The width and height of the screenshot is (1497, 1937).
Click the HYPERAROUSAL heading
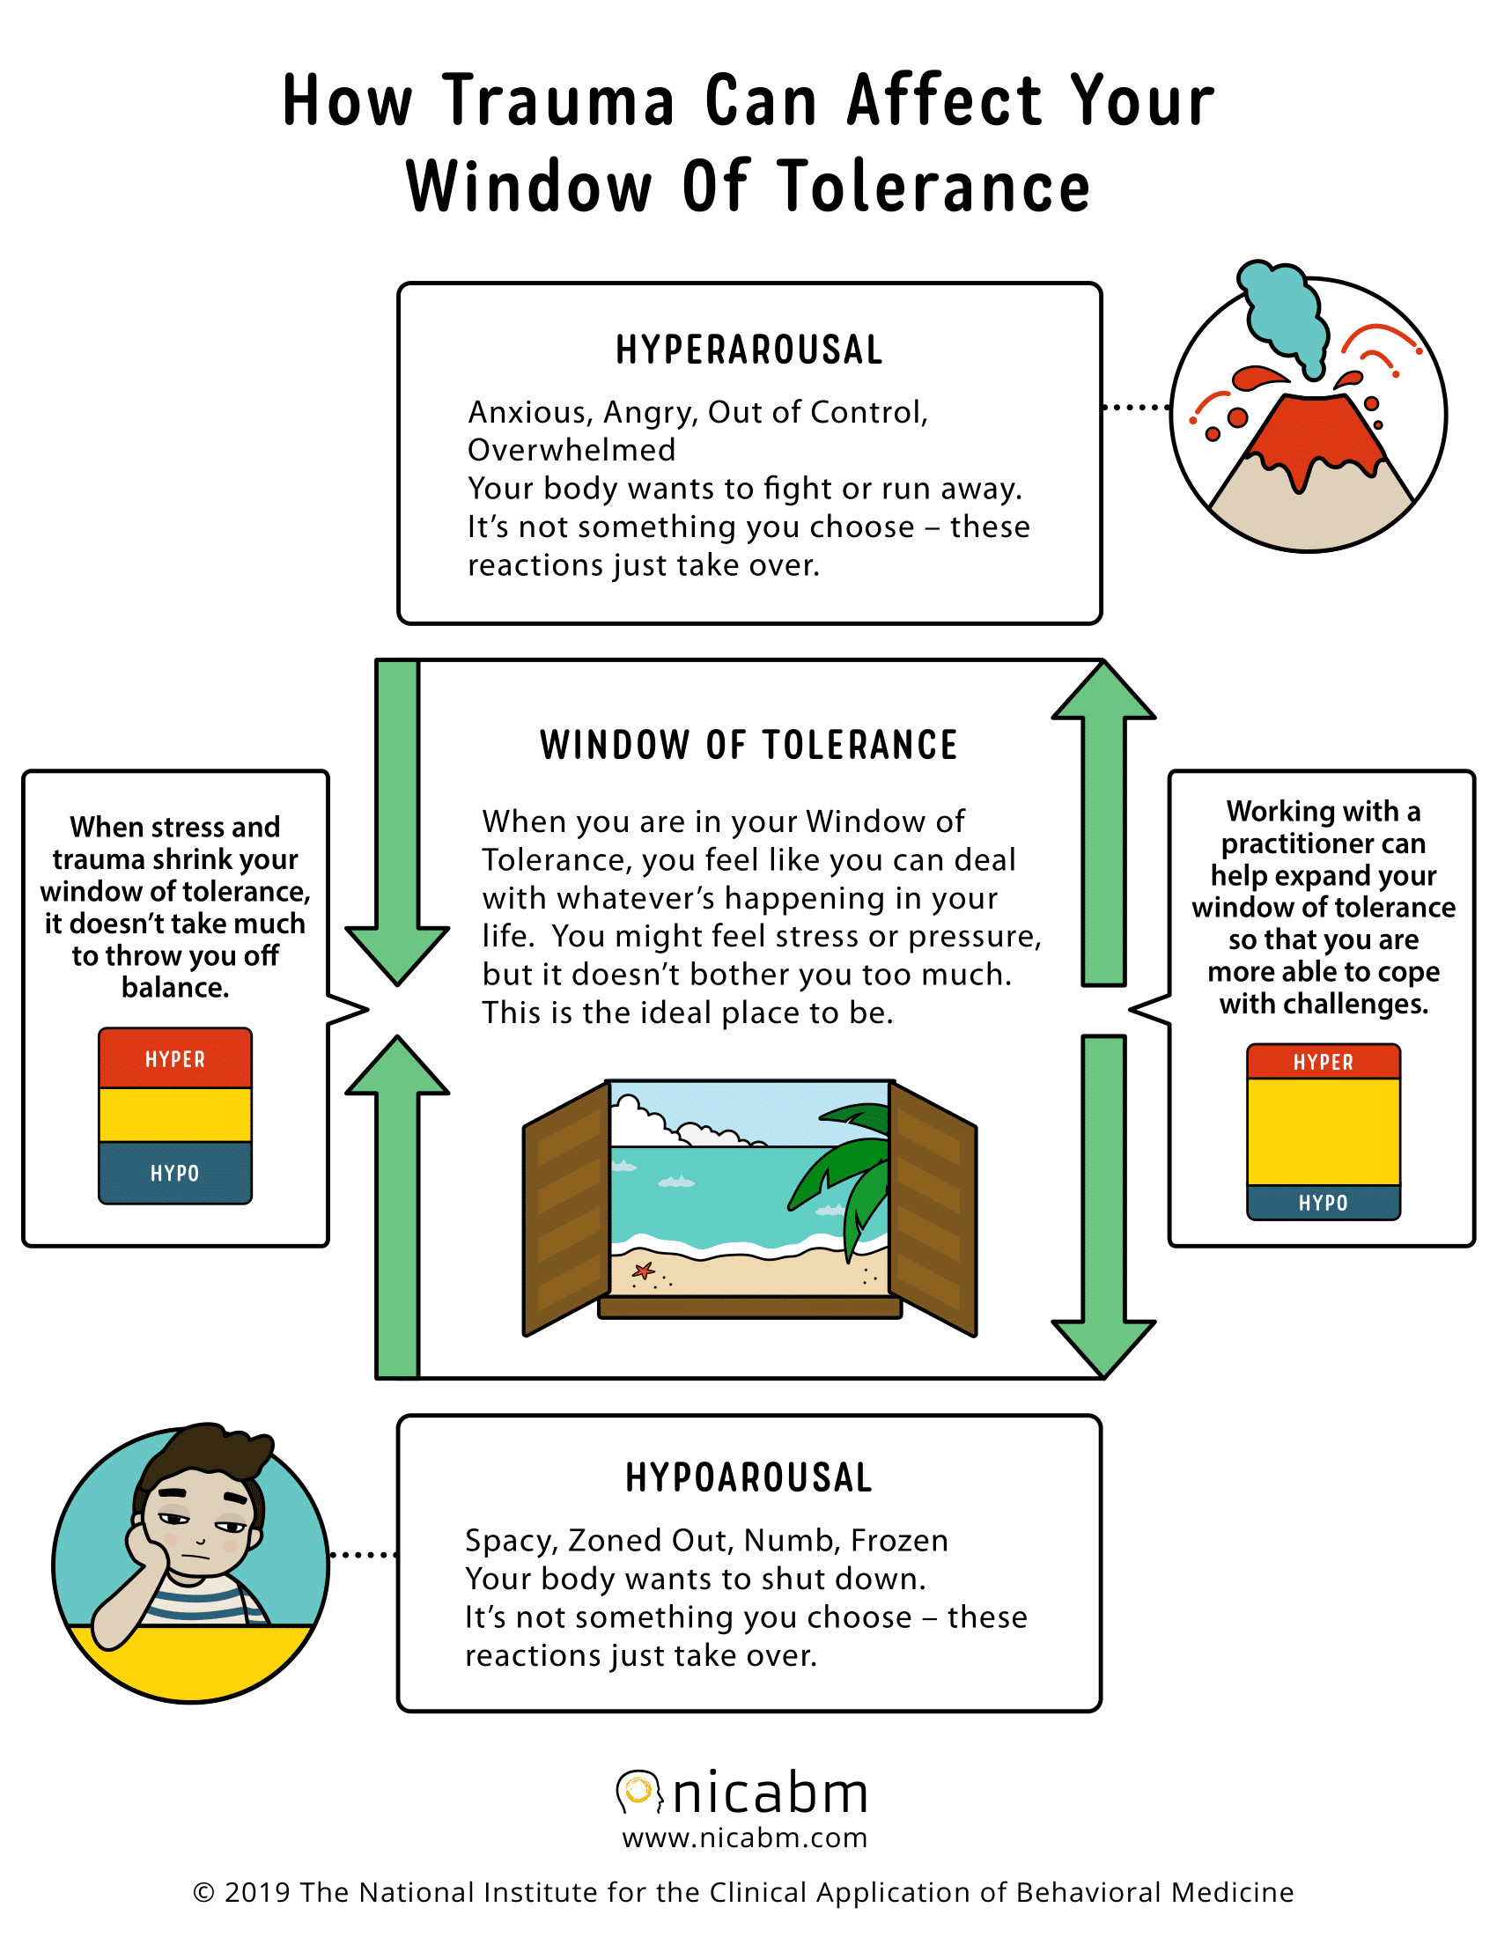(749, 350)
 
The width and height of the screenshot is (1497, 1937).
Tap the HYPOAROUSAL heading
(749, 1477)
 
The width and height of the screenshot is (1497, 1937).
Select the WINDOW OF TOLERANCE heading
(749, 745)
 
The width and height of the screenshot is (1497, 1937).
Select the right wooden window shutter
(933, 1206)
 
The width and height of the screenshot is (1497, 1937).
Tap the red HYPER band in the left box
(175, 1059)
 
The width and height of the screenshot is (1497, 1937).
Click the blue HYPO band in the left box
(175, 1173)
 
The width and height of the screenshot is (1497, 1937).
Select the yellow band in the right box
(1324, 1131)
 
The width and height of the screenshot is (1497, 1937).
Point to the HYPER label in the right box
(1324, 1063)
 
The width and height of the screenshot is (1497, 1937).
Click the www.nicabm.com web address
(745, 1838)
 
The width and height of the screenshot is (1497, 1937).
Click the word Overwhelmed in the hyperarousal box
(572, 451)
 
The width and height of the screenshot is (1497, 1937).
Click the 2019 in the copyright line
(257, 1892)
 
